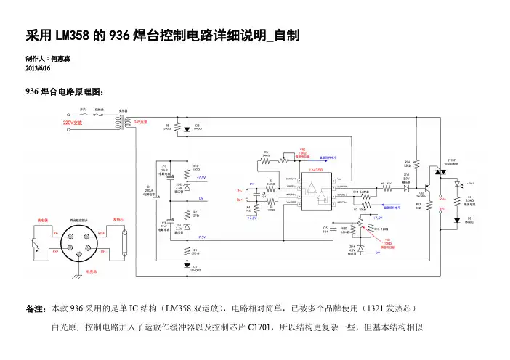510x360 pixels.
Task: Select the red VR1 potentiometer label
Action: pyautogui.click(x=388, y=241)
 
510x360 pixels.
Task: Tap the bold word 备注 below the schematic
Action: pyautogui.click(x=35, y=308)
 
